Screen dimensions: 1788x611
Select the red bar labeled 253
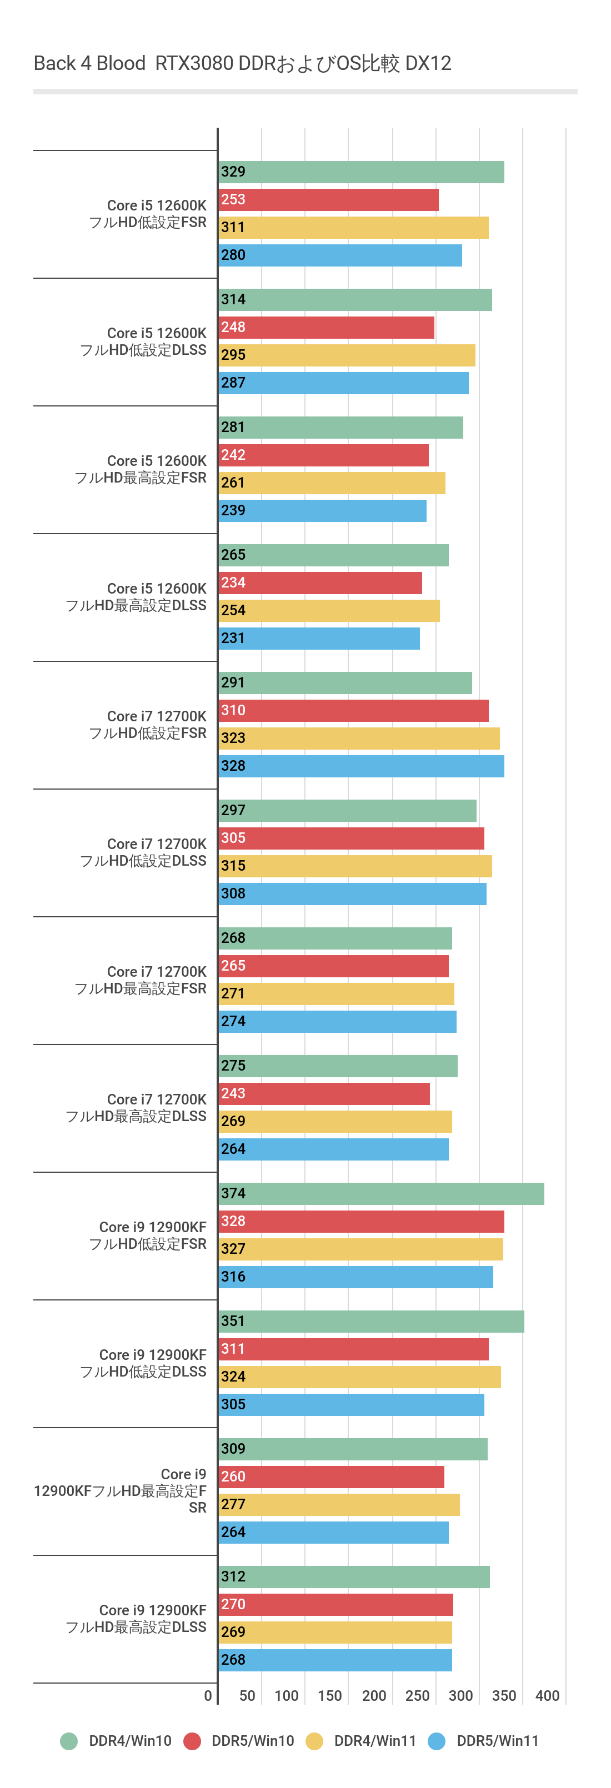(x=328, y=200)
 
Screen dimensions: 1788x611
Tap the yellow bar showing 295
(x=347, y=355)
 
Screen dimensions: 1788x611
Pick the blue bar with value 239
(x=323, y=511)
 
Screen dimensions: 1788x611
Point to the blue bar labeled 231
(x=319, y=639)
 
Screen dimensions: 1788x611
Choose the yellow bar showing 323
(x=359, y=739)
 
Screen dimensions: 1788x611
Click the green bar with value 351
(x=372, y=1322)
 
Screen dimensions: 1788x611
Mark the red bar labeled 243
(x=324, y=1094)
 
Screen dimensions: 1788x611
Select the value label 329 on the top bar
(x=233, y=172)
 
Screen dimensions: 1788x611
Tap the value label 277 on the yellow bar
(x=233, y=1504)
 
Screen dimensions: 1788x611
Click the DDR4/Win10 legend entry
(x=117, y=1741)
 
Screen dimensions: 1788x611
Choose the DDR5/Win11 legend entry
(x=484, y=1741)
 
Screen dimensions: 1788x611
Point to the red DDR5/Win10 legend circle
(x=192, y=1741)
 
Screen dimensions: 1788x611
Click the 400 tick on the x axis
(x=547, y=1696)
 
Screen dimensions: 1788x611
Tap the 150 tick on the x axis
(x=330, y=1696)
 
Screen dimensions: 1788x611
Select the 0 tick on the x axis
(x=208, y=1696)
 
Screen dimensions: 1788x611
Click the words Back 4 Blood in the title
(x=89, y=63)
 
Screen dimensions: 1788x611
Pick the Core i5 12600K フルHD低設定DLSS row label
(x=144, y=341)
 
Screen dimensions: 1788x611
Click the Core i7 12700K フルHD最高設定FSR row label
(x=141, y=980)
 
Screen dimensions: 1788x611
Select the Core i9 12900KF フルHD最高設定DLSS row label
(x=136, y=1619)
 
